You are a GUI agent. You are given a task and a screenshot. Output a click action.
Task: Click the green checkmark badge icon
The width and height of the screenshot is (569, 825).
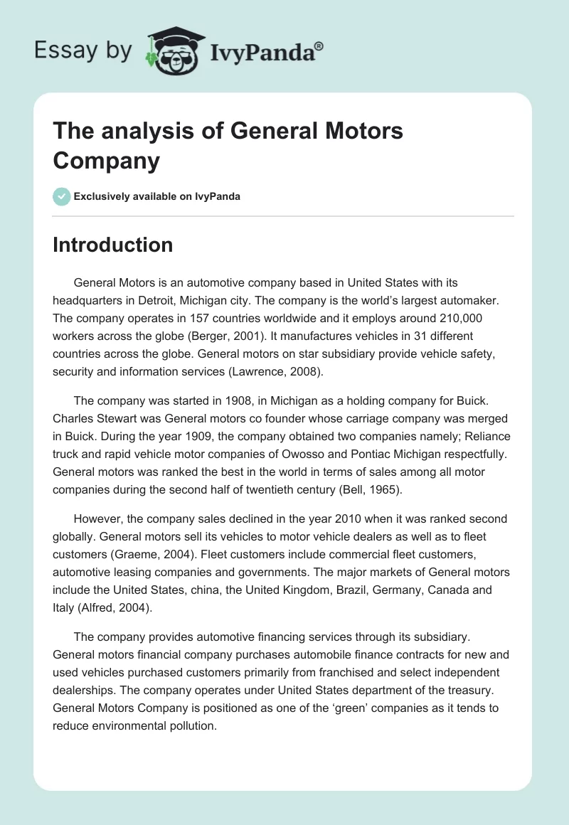(61, 196)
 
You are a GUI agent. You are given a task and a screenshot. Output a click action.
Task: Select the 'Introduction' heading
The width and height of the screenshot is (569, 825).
(112, 245)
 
